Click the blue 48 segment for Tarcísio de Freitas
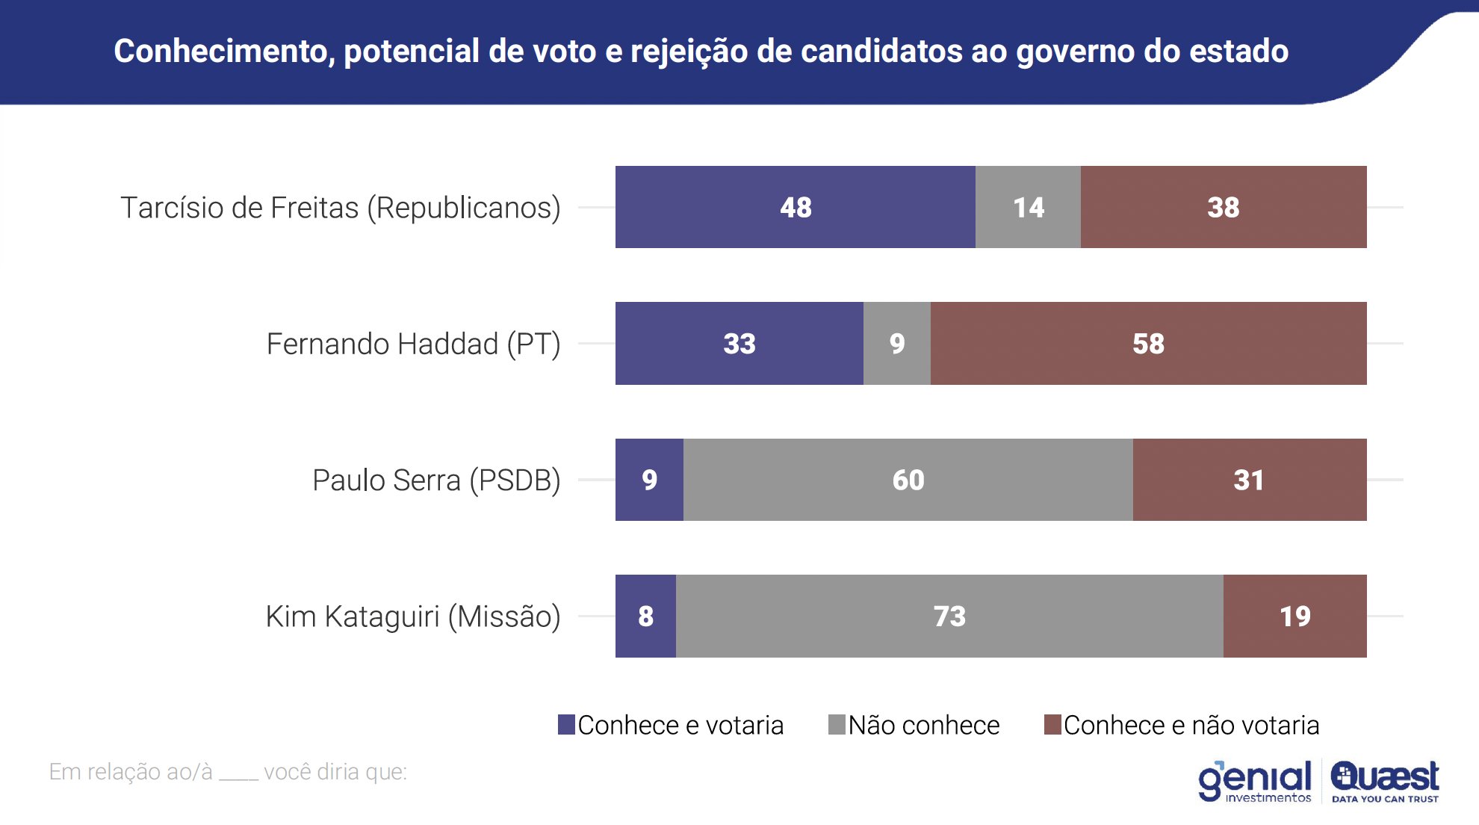[795, 207]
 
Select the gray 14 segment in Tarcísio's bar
[1028, 207]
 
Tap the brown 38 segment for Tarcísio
[1224, 207]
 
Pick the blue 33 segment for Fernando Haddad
[739, 344]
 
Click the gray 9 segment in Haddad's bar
[896, 344]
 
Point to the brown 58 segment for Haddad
[1148, 344]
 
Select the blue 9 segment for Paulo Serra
[649, 480]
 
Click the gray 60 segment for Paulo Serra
[908, 480]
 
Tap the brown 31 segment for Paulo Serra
[1249, 480]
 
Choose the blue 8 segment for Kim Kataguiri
[645, 617]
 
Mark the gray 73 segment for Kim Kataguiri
[949, 617]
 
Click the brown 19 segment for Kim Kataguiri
[1294, 617]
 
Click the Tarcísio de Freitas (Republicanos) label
[341, 208]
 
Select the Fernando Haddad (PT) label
[413, 344]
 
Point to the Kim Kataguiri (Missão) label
[413, 617]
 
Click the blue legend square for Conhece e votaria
[566, 725]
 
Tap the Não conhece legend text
[923, 726]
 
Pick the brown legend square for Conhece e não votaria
[1052, 725]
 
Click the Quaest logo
[1385, 780]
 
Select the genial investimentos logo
[1255, 782]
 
